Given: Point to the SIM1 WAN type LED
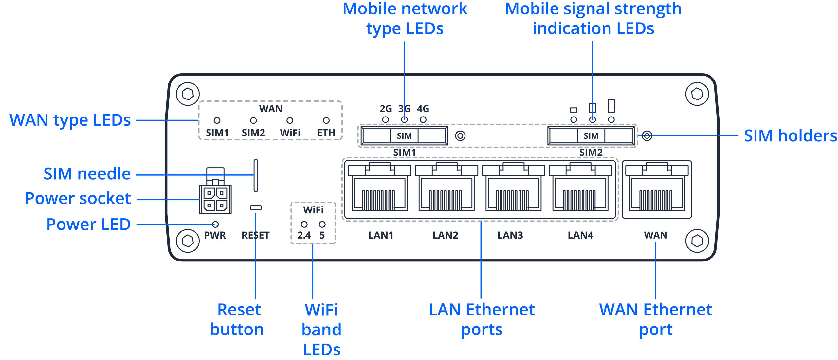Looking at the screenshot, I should pyautogui.click(x=217, y=120).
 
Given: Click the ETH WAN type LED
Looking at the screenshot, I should pyautogui.click(x=326, y=120).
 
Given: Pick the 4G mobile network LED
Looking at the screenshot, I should pyautogui.click(x=423, y=119).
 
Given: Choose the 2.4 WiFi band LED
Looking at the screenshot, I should pyautogui.click(x=304, y=224).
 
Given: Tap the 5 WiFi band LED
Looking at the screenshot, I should pyautogui.click(x=322, y=224).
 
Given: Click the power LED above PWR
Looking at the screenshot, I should pyautogui.click(x=215, y=224).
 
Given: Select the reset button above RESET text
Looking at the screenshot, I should pyautogui.click(x=256, y=207).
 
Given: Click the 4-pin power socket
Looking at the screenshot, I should pyautogui.click(x=215, y=199).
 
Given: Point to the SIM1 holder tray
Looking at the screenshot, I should pyautogui.click(x=405, y=135).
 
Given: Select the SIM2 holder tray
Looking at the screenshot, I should pyautogui.click(x=591, y=135).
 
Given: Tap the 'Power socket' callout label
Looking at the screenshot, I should pyautogui.click(x=78, y=199).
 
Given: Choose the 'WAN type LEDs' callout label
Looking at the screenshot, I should pyautogui.click(x=70, y=120).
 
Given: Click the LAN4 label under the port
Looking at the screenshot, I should pyautogui.click(x=580, y=235).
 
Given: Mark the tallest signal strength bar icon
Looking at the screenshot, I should pyautogui.click(x=611, y=106).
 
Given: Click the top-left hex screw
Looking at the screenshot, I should pyautogui.click(x=188, y=94).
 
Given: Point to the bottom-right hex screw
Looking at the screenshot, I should pyautogui.click(x=697, y=241).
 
